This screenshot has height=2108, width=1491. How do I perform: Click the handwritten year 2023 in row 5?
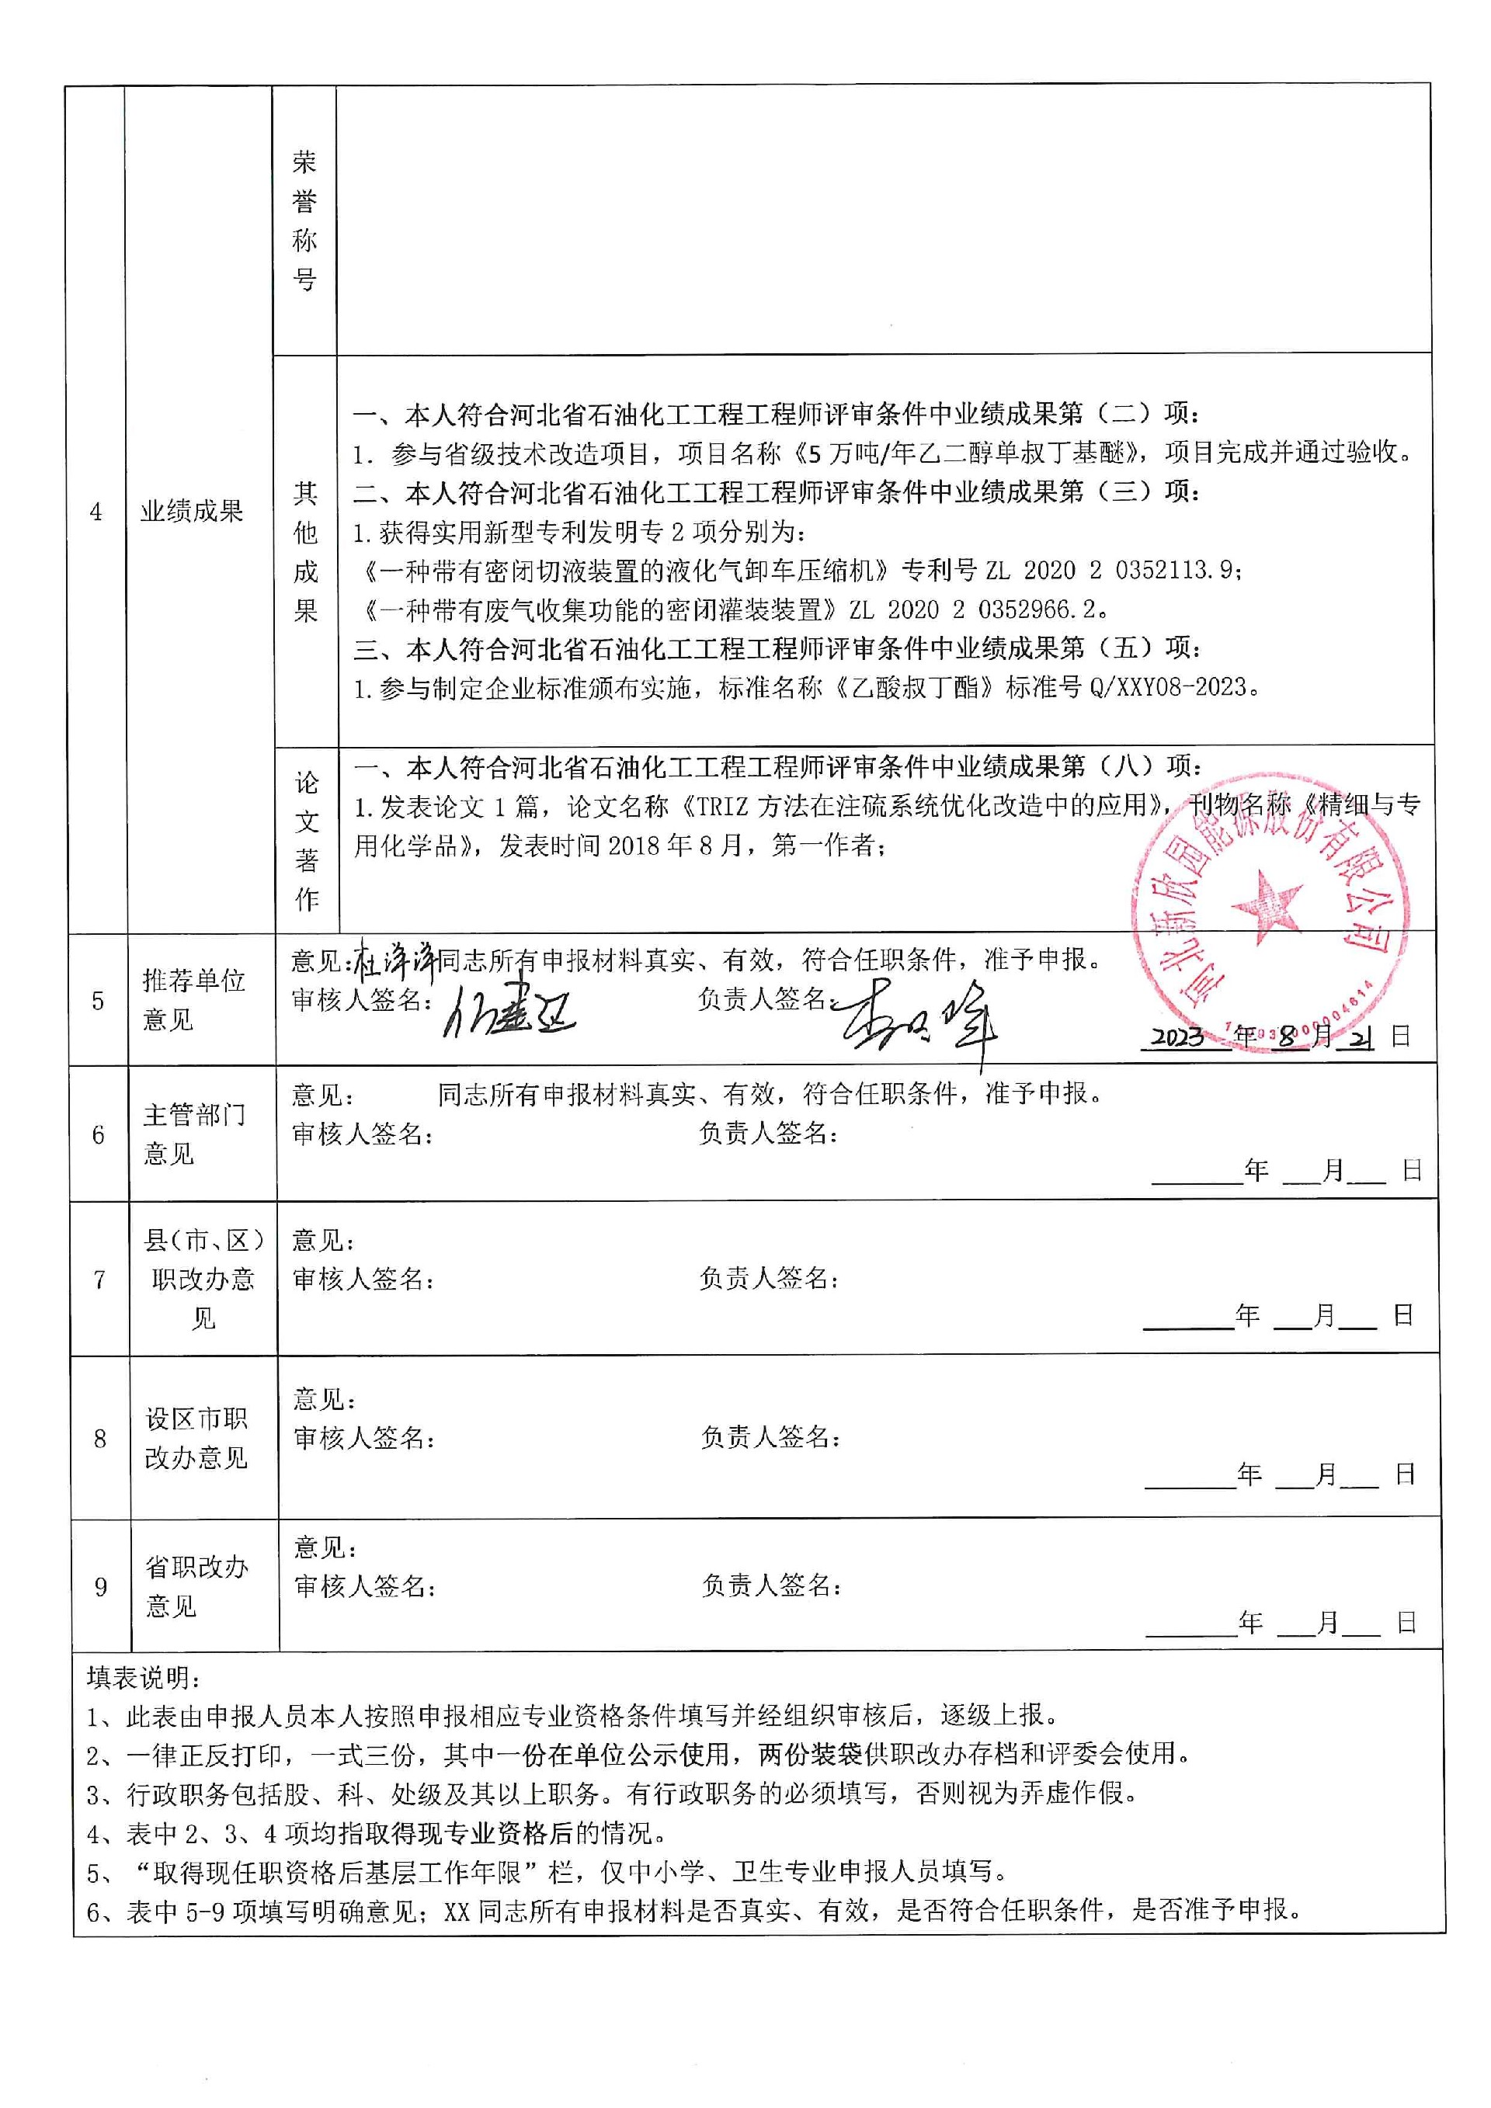(x=1177, y=1037)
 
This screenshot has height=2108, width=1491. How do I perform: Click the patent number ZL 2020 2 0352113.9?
(x=1114, y=570)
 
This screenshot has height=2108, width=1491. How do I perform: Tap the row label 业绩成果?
(x=191, y=512)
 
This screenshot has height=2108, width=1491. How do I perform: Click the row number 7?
(x=99, y=1279)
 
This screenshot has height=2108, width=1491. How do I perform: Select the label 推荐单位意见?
(x=193, y=1000)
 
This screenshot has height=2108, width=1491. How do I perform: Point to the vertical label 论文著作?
(x=307, y=840)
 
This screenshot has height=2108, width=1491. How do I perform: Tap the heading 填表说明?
(x=144, y=1677)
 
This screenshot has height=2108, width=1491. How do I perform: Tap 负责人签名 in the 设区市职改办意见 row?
(x=770, y=1437)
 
